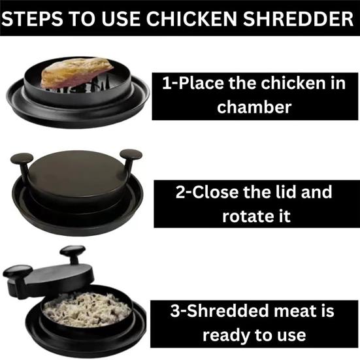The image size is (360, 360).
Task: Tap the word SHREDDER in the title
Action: [x=298, y=18]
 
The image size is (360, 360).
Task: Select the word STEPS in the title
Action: [x=32, y=18]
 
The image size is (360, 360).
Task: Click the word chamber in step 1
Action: [x=254, y=107]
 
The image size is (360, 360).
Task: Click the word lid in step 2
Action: [x=286, y=191]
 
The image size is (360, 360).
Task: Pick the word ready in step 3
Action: [x=226, y=336]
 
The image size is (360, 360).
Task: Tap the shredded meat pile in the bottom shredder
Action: [x=87, y=310]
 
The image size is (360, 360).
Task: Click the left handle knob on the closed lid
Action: [x=22, y=158]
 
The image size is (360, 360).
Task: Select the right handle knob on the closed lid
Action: [x=131, y=154]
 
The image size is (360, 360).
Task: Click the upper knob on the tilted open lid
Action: [x=73, y=251]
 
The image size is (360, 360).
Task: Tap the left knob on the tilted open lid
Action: [x=18, y=271]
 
